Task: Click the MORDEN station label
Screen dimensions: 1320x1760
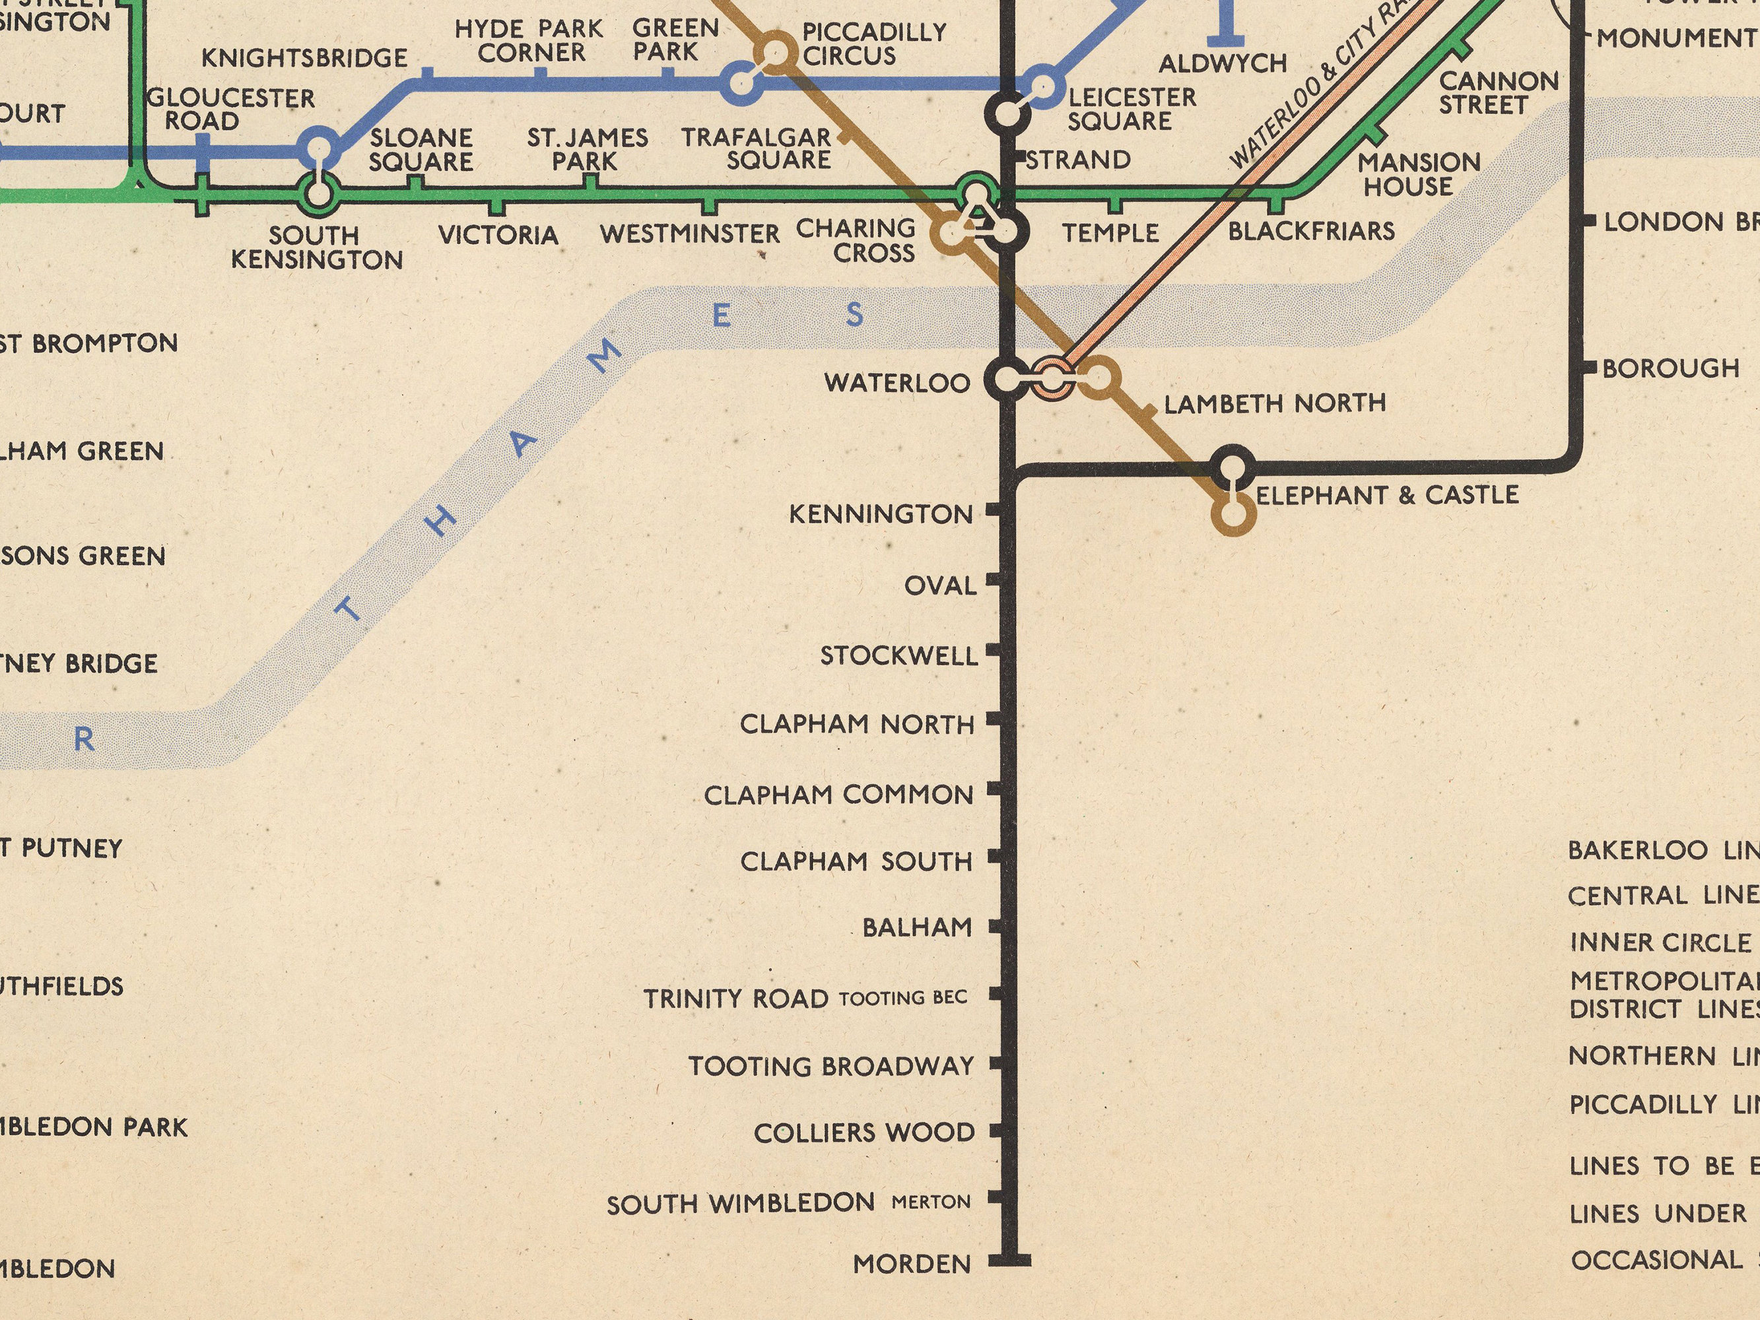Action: (x=912, y=1263)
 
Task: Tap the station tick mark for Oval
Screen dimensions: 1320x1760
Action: (x=993, y=580)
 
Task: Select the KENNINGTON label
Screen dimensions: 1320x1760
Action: (x=881, y=514)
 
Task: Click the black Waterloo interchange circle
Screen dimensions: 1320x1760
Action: (x=1007, y=380)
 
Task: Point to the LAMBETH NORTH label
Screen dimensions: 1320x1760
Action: (x=1275, y=403)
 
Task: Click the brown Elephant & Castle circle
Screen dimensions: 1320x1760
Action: (x=1233, y=513)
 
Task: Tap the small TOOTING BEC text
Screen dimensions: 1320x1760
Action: (x=903, y=998)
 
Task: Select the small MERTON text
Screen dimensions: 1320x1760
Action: (x=931, y=1201)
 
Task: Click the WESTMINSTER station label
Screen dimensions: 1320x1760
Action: (x=690, y=234)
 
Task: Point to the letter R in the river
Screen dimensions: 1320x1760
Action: (x=85, y=740)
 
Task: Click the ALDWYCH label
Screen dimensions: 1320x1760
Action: (x=1223, y=63)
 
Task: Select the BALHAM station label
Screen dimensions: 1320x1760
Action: (x=918, y=927)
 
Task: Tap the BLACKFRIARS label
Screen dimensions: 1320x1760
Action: (x=1311, y=231)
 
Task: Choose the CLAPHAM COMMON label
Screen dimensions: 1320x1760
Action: (x=838, y=794)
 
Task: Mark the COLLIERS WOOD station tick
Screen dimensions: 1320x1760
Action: (x=994, y=1131)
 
